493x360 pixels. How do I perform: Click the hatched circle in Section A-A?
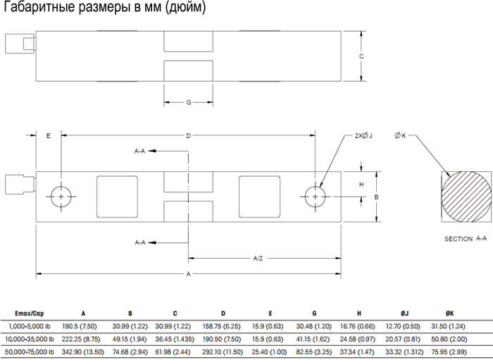click(466, 197)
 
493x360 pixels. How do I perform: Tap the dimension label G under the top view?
click(189, 102)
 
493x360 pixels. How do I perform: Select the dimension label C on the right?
click(361, 56)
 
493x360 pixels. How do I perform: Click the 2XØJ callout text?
click(363, 135)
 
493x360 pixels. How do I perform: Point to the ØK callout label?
click(400, 135)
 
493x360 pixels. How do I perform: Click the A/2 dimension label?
click(258, 259)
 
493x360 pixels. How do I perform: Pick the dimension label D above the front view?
click(188, 136)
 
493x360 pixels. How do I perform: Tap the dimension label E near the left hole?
click(49, 136)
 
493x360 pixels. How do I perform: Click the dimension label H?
click(361, 185)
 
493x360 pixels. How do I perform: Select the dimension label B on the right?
click(376, 197)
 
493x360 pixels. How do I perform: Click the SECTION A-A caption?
click(466, 239)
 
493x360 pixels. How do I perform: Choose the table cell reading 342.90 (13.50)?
click(82, 352)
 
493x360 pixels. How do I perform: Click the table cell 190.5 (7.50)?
click(79, 326)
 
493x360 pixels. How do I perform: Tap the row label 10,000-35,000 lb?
click(30, 340)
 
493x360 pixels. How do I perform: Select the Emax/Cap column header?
click(30, 314)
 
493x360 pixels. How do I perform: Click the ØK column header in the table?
click(449, 314)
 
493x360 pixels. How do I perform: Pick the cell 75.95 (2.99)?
click(449, 352)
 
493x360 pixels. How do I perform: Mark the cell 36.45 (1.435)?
click(175, 340)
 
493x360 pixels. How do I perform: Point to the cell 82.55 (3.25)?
click(314, 352)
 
